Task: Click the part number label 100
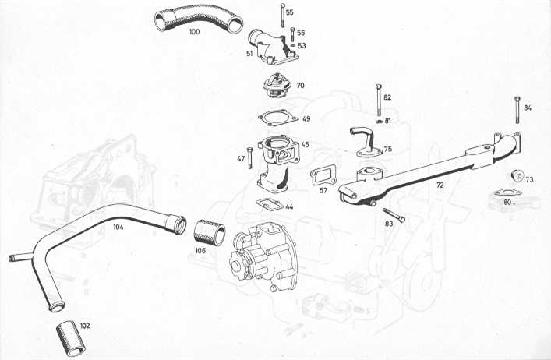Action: (194, 32)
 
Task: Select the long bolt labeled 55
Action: (282, 15)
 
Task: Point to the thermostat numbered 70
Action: (274, 86)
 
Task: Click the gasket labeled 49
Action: (277, 118)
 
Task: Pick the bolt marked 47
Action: (249, 158)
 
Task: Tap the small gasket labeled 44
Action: (270, 204)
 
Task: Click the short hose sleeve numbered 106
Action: (210, 232)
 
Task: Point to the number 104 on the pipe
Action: (118, 228)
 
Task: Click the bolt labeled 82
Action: (379, 100)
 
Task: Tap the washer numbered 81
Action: (380, 122)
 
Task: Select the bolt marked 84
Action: (517, 110)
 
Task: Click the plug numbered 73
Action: (517, 175)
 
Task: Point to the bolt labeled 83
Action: (394, 215)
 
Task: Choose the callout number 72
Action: (440, 185)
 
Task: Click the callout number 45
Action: (305, 144)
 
